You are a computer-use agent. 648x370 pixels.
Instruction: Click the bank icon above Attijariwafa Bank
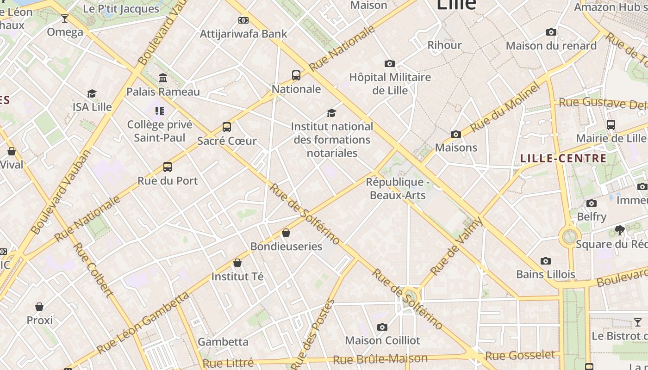243,20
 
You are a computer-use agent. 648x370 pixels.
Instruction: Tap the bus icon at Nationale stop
296,75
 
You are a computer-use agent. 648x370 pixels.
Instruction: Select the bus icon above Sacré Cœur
227,127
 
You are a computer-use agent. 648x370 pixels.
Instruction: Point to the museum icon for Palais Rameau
163,78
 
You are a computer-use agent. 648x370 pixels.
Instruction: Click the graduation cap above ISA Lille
92,94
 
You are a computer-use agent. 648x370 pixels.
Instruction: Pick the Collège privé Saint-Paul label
159,131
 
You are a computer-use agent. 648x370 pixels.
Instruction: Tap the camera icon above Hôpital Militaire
390,64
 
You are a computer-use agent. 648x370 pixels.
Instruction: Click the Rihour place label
444,45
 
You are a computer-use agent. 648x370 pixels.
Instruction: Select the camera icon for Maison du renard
551,32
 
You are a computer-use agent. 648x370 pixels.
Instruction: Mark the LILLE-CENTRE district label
563,159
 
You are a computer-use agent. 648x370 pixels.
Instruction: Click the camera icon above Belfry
591,203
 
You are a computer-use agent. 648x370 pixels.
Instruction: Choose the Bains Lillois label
546,274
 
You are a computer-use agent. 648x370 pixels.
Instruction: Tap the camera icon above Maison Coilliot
382,327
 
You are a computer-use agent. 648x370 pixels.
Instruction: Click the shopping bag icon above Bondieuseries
286,233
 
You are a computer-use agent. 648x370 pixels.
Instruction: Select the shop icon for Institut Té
237,263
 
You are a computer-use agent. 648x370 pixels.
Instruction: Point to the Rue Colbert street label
93,270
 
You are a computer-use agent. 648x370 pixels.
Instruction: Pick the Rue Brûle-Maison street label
380,359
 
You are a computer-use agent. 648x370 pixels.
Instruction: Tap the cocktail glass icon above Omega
65,18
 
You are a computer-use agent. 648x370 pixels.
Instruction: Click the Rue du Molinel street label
505,108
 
